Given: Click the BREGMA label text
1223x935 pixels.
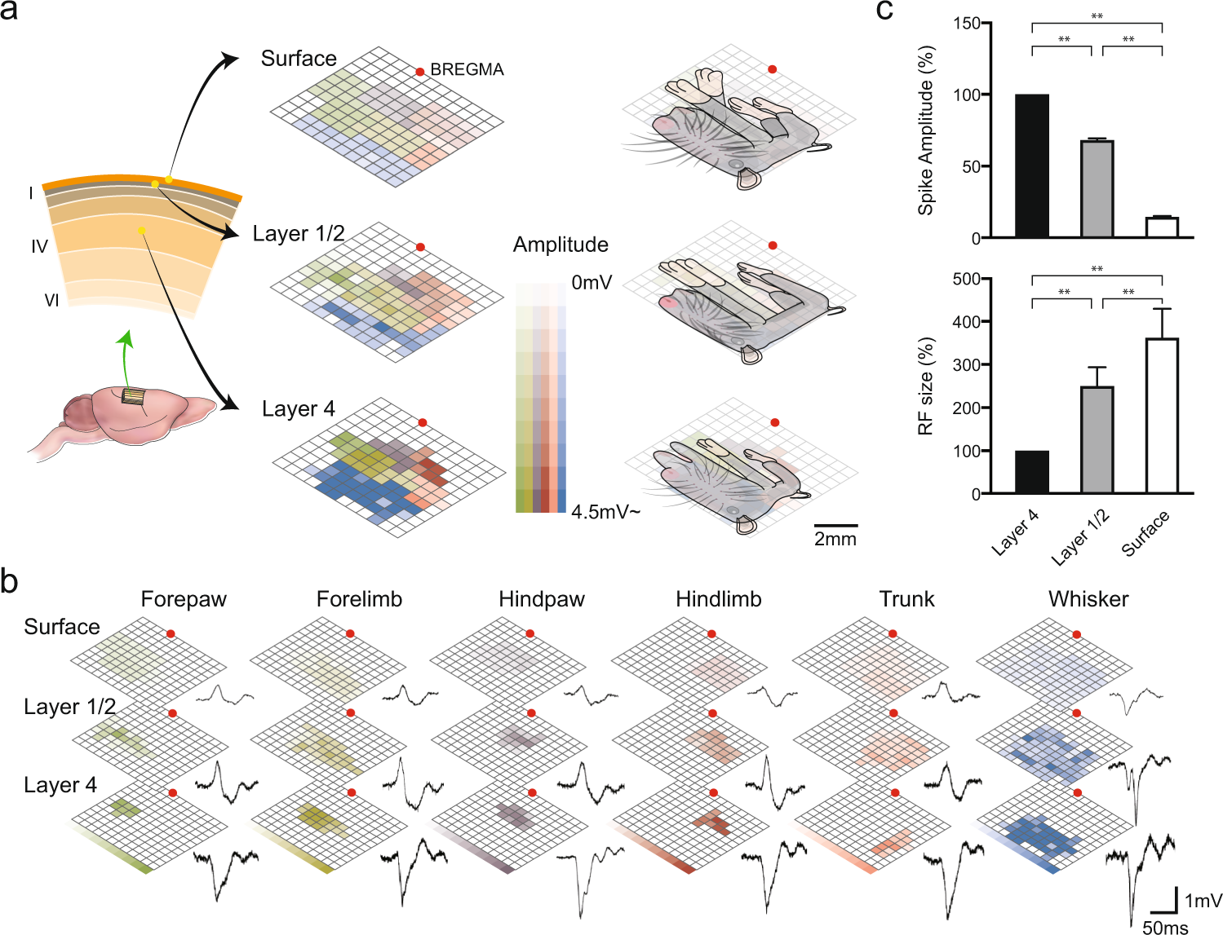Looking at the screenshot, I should click(x=467, y=70).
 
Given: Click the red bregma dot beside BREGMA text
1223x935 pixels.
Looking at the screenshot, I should click(x=420, y=72).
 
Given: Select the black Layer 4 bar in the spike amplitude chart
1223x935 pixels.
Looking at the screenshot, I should click(x=1032, y=165).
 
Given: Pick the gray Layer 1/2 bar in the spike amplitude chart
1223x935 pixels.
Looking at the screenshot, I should click(x=1097, y=188).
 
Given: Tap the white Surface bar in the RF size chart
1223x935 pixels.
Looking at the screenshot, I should click(x=1162, y=416).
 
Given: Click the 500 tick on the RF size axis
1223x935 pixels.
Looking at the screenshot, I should click(x=967, y=279).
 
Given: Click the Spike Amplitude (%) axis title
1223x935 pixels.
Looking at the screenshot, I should click(x=925, y=130).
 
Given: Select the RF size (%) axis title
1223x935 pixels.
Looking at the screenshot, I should click(x=925, y=386).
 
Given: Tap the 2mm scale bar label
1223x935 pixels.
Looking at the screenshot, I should click(x=835, y=539).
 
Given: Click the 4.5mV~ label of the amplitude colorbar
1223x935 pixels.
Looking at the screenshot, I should click(x=605, y=512).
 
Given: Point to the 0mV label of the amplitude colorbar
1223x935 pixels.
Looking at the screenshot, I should click(x=592, y=283).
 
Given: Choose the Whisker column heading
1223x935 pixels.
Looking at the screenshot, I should click(x=1088, y=599).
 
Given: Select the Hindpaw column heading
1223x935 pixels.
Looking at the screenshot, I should click(x=542, y=599).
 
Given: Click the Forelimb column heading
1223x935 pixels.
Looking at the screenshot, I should click(x=359, y=599).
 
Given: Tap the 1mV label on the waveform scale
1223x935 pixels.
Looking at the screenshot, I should click(x=1203, y=901).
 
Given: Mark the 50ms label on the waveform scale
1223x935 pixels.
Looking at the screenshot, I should click(x=1165, y=928).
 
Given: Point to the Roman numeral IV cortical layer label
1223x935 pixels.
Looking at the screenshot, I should click(x=39, y=246).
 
